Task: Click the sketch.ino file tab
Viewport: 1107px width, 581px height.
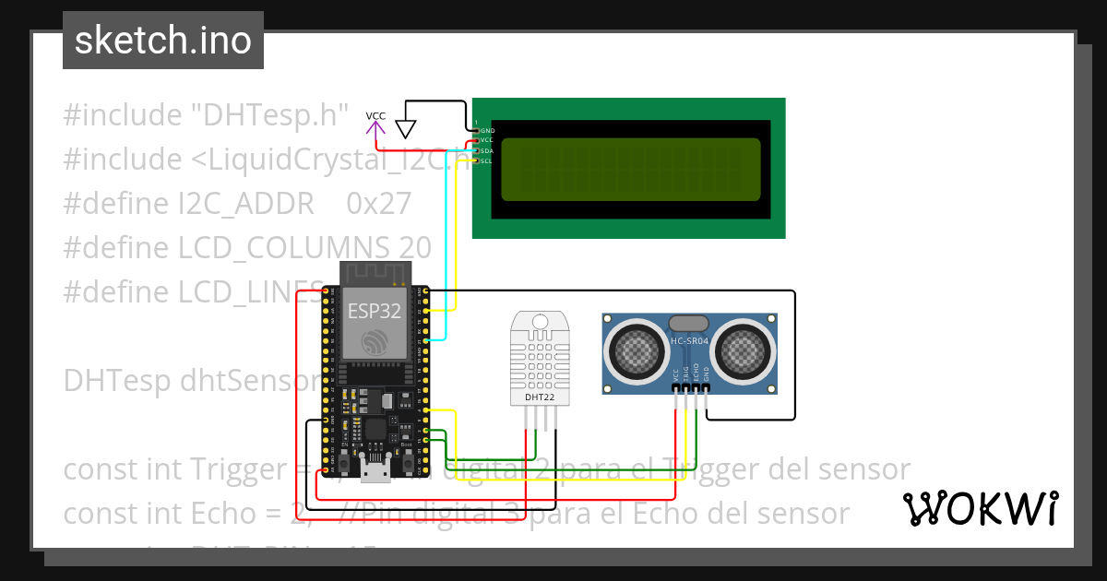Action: point(163,41)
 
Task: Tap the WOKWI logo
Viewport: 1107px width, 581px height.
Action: point(980,508)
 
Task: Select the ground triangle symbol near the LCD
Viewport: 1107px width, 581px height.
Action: point(406,128)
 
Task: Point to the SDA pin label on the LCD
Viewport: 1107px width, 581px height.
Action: point(487,150)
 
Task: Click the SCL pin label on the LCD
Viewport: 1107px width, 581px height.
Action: point(487,160)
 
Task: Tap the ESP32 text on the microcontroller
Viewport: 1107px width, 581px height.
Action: point(374,311)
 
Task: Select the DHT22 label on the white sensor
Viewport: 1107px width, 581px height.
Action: point(540,397)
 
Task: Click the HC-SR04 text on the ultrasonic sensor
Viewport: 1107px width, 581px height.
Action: point(689,341)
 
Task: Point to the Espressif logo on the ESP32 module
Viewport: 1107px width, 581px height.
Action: point(374,340)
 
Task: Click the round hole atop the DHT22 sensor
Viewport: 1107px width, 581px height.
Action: point(540,322)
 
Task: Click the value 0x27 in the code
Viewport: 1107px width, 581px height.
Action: point(378,204)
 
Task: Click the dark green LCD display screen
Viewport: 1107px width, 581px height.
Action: point(629,170)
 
